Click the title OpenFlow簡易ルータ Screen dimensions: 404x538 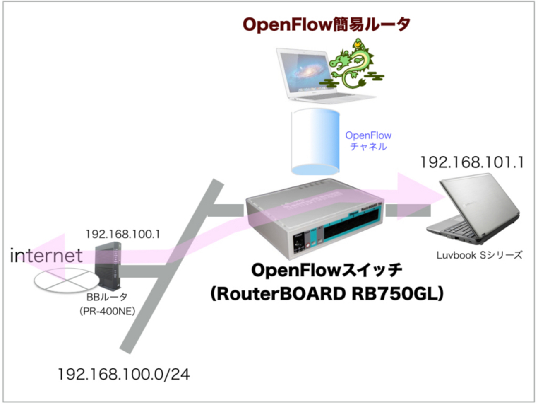tap(326, 24)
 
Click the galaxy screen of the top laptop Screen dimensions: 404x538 tap(305, 70)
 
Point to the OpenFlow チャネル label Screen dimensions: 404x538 tap(368, 141)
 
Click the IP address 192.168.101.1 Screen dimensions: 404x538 tap(472, 162)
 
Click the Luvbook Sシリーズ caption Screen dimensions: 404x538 tap(479, 255)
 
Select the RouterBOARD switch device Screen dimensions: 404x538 tap(315, 220)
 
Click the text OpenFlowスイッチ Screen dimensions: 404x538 tap(327, 270)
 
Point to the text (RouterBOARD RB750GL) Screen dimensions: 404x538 tap(327, 294)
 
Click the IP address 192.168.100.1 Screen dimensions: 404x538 tap(122, 235)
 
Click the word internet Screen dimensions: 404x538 tap(46, 256)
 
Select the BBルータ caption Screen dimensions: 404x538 tap(107, 297)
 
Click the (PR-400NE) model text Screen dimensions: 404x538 tap(107, 311)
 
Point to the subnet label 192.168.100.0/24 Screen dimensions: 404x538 tap(123, 375)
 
